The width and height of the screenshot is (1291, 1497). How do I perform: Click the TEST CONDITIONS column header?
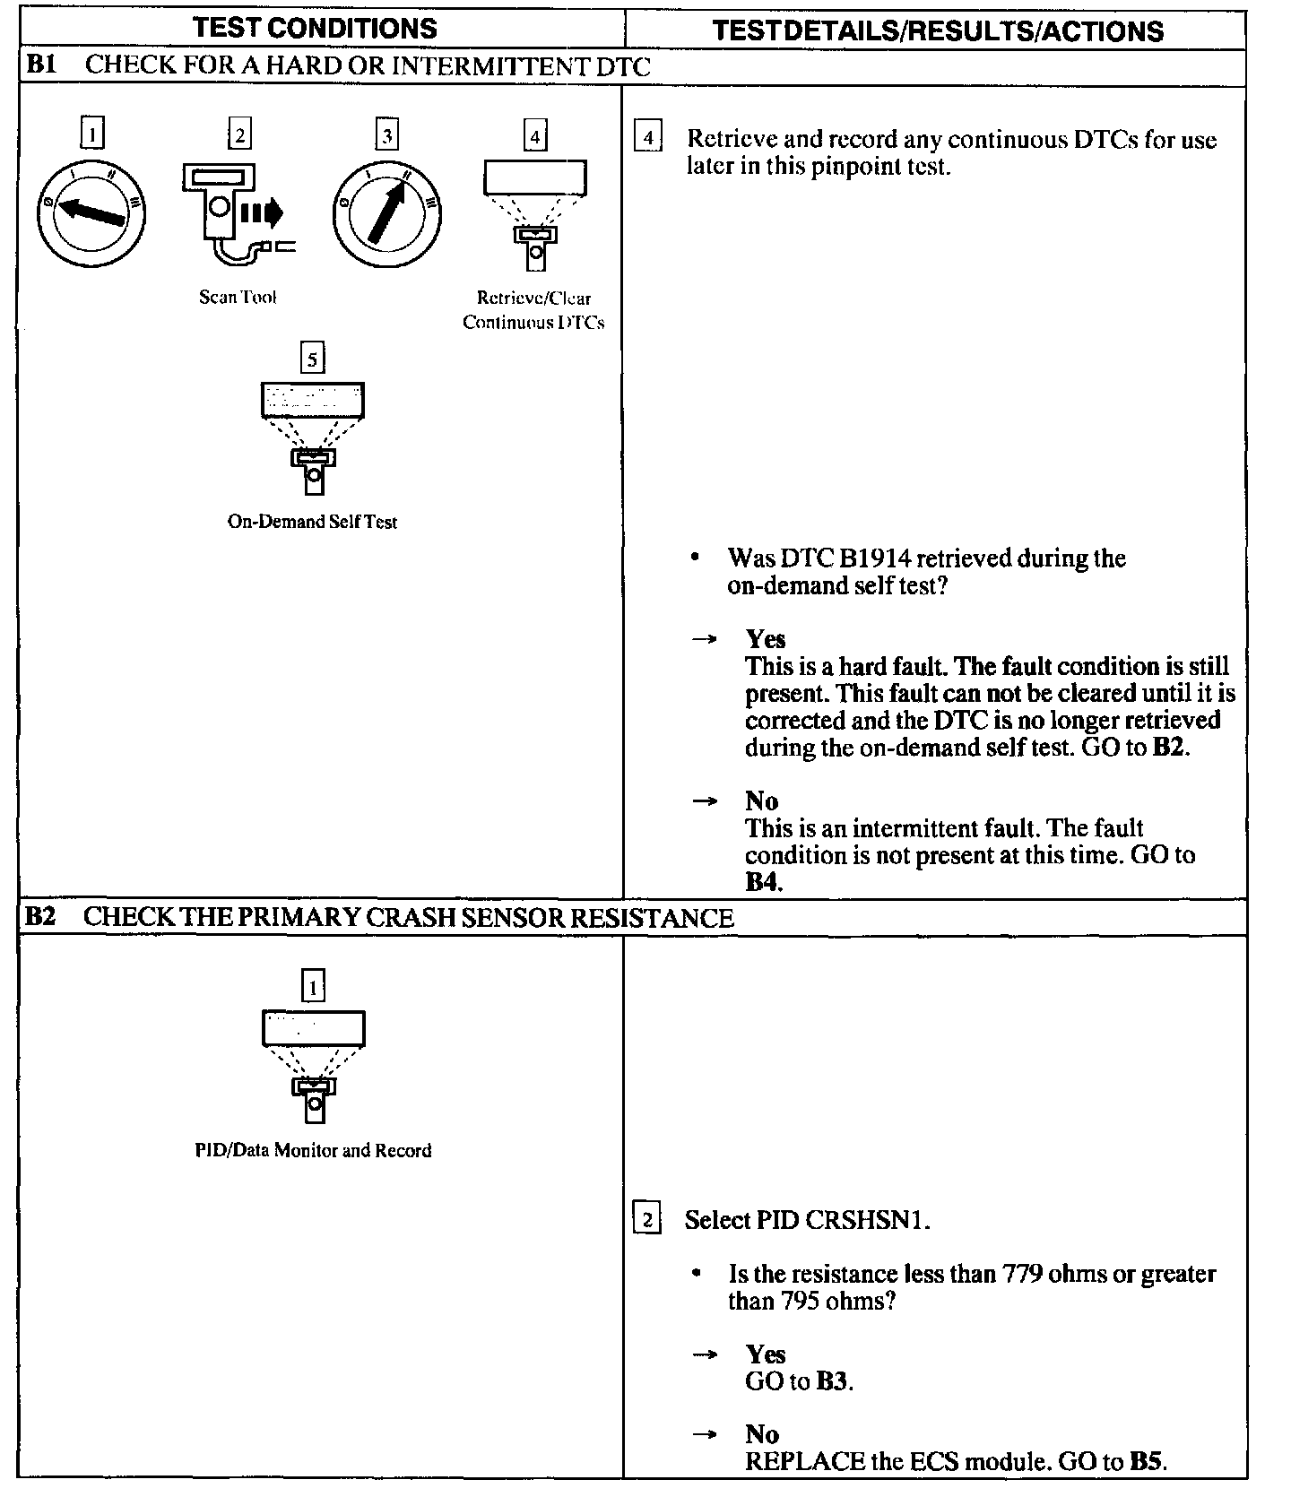point(315,28)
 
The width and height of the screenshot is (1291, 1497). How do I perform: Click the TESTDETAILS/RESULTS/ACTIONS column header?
point(938,31)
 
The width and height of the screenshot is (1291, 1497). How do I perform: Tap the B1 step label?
point(42,65)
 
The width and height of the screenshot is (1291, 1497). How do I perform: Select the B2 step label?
point(41,917)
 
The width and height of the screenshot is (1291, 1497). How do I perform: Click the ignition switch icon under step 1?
point(91,213)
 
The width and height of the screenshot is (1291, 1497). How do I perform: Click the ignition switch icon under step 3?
point(386,213)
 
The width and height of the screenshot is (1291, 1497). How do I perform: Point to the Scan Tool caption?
point(238,297)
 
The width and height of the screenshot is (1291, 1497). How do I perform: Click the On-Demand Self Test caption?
point(312,522)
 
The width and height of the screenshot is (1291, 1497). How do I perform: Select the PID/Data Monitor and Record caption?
point(313,1150)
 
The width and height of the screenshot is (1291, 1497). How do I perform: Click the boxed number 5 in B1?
point(312,359)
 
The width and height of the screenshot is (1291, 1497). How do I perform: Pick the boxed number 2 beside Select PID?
point(646,1219)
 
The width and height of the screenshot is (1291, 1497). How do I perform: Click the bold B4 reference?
point(762,882)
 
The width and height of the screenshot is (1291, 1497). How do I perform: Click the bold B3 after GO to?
point(832,1381)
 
